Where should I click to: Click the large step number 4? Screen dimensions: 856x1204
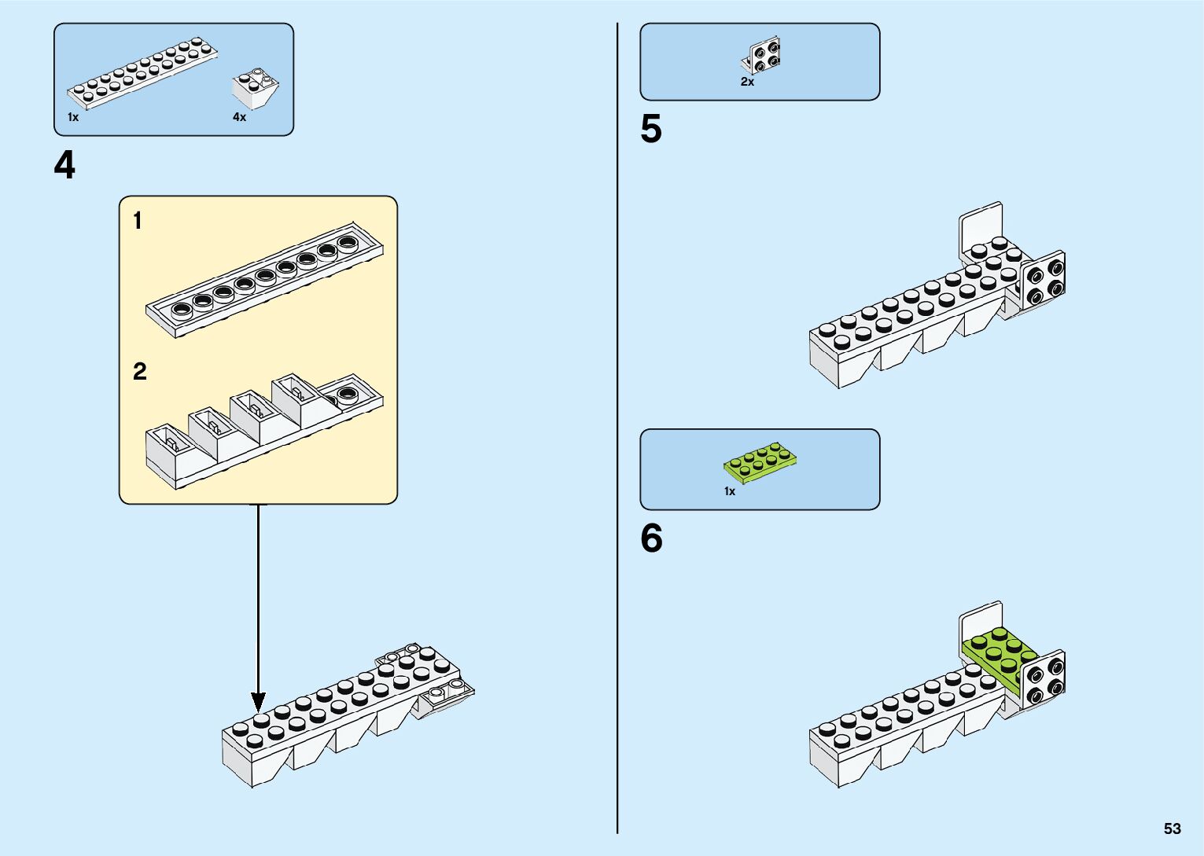(64, 166)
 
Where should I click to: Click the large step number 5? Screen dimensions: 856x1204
(651, 130)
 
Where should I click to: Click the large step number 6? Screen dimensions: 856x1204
(651, 539)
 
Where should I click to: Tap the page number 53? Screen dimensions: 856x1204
(1172, 828)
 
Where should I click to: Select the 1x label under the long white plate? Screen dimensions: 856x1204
(73, 117)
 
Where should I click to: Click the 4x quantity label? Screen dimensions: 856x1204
(239, 117)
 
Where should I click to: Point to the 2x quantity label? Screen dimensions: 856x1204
(747, 82)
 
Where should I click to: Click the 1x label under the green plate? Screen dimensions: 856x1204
(730, 491)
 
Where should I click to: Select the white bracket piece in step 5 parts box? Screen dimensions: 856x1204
(761, 55)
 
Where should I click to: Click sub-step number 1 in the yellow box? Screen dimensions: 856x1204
(138, 221)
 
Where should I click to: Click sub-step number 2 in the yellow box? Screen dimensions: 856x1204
(140, 371)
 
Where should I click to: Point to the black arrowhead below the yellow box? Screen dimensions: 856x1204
(258, 702)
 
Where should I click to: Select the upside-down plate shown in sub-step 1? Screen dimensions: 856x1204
(265, 285)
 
